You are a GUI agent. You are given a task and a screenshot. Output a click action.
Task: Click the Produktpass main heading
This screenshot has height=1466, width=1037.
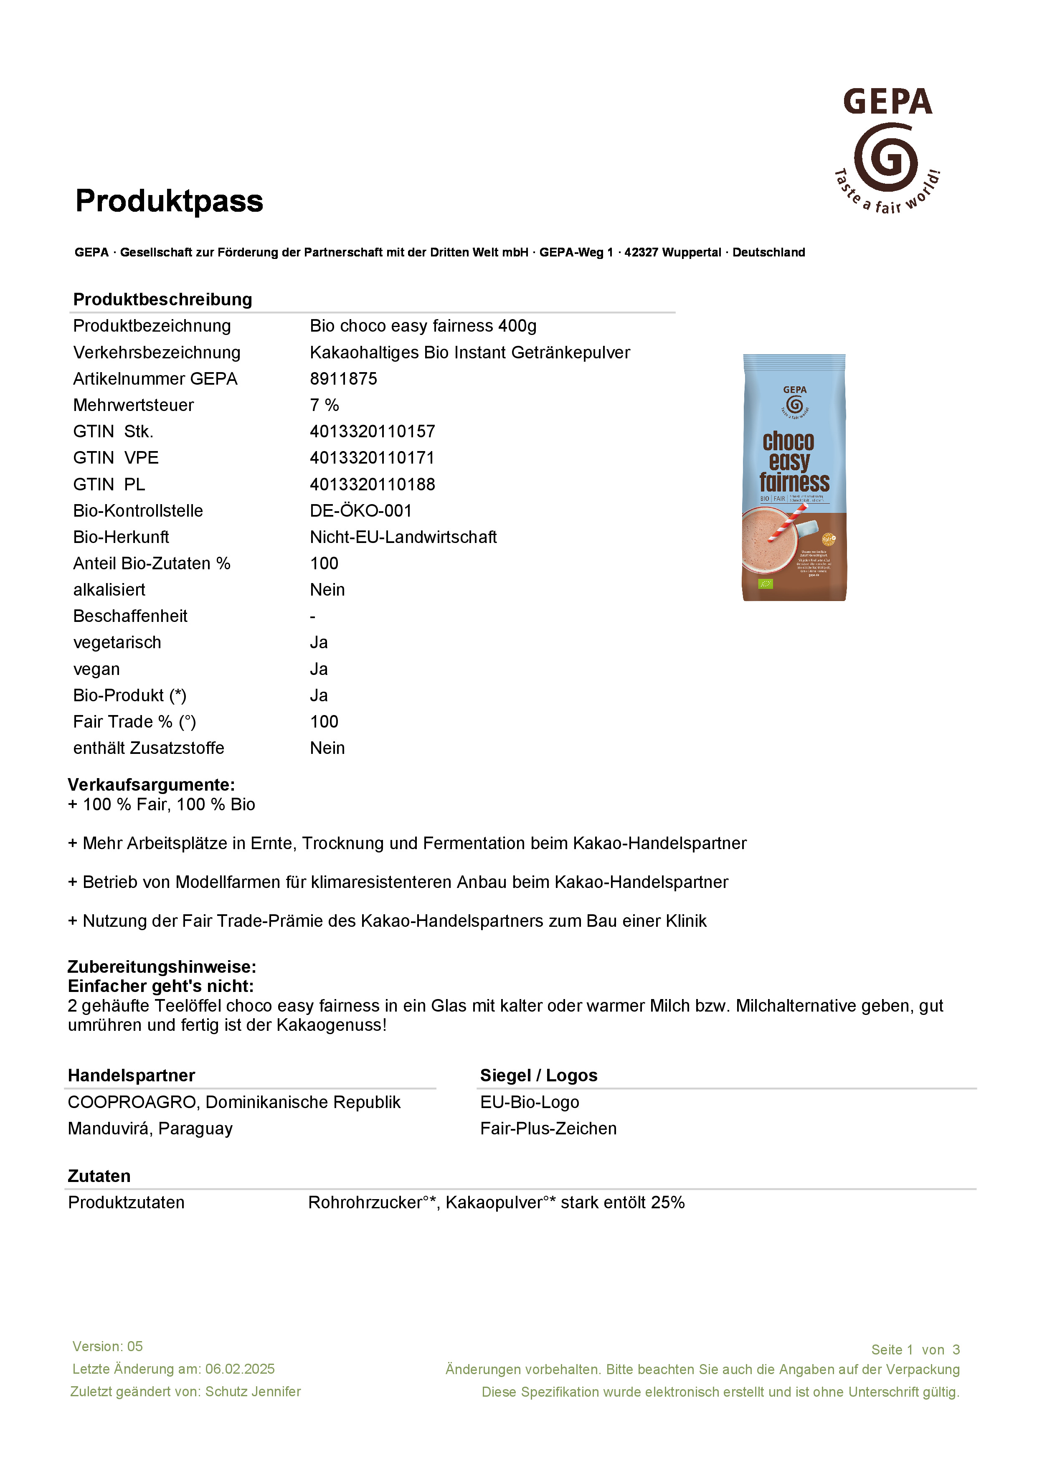(169, 201)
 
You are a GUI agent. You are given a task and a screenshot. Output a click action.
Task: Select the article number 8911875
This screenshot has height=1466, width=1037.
(344, 379)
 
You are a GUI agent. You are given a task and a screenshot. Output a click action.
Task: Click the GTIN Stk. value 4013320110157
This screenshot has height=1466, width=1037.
(372, 431)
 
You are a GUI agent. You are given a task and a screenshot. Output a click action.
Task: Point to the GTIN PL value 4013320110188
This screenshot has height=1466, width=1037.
(372, 484)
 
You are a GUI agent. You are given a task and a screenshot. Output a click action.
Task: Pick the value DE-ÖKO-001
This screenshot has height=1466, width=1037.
(361, 511)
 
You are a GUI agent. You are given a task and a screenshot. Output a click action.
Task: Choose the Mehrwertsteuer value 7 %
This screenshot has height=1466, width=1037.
(325, 406)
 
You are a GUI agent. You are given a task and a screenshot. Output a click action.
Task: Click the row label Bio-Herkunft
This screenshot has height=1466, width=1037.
(121, 537)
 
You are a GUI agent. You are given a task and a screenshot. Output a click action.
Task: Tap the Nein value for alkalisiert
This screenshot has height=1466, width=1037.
(327, 590)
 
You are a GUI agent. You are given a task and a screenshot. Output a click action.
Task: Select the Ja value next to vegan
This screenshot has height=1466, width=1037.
(319, 669)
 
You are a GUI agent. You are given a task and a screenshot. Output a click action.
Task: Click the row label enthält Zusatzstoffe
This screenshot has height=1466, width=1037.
(149, 748)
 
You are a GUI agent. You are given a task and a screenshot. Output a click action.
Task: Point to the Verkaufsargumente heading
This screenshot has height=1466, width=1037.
(151, 785)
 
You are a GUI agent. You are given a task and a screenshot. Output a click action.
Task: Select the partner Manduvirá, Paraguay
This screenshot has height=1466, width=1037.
(150, 1129)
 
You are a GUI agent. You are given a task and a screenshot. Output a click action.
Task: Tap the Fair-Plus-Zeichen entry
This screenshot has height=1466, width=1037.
(548, 1129)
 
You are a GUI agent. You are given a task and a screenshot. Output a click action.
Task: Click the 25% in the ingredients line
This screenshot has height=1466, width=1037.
(668, 1203)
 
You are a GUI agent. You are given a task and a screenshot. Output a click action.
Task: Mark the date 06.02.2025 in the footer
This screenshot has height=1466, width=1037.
(240, 1369)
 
